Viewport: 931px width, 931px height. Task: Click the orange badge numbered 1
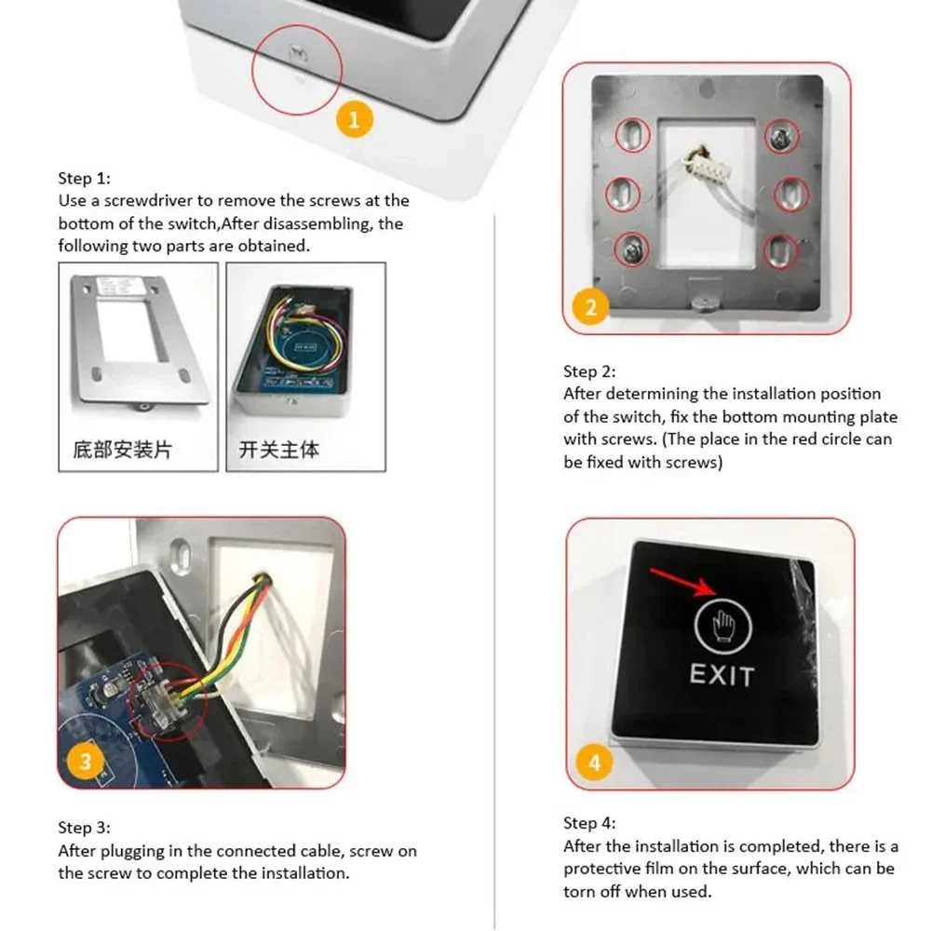click(x=354, y=118)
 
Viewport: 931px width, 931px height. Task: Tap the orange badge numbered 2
click(x=591, y=306)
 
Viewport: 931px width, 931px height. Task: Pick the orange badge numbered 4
click(x=595, y=762)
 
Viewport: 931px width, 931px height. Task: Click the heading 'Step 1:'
click(x=84, y=178)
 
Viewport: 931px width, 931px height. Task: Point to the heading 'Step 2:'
click(x=589, y=371)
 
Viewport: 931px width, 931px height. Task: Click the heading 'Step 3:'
click(x=84, y=828)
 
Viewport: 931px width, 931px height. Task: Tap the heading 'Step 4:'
click(x=589, y=823)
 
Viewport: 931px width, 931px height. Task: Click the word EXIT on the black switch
click(x=722, y=675)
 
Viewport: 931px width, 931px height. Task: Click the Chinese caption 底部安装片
click(x=122, y=450)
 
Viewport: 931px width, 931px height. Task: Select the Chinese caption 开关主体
click(x=279, y=450)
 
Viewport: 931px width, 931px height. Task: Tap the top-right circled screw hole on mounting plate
click(x=779, y=139)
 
